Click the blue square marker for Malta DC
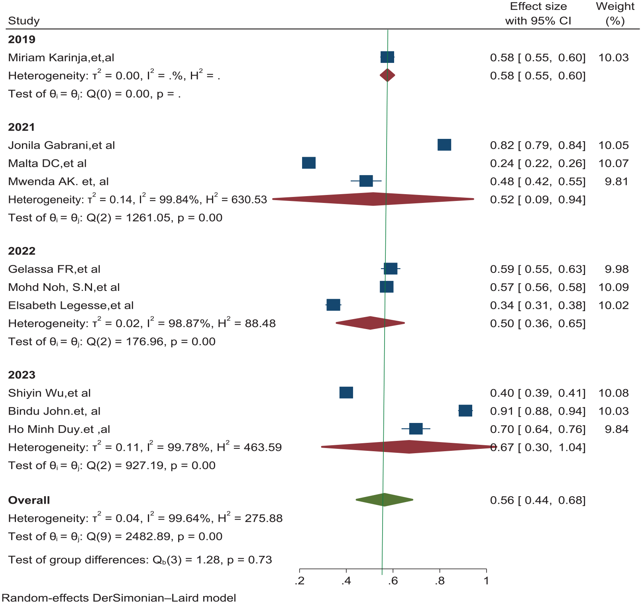click(309, 163)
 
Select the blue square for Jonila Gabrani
click(444, 145)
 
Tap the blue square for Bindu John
click(465, 411)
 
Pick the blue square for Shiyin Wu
click(346, 393)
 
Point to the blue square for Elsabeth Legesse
click(333, 305)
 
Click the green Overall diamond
click(384, 500)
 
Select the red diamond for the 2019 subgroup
click(387, 75)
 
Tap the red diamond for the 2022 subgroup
click(370, 323)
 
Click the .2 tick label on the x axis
click(300, 581)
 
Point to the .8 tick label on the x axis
click(440, 581)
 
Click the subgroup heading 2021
click(22, 127)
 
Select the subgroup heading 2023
click(22, 375)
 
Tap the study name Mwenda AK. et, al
click(59, 181)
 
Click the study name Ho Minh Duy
click(59, 429)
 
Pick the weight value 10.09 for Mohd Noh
click(614, 287)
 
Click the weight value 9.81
click(617, 181)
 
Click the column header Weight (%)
click(615, 14)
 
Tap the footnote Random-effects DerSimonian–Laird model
click(119, 598)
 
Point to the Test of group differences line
click(140, 560)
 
